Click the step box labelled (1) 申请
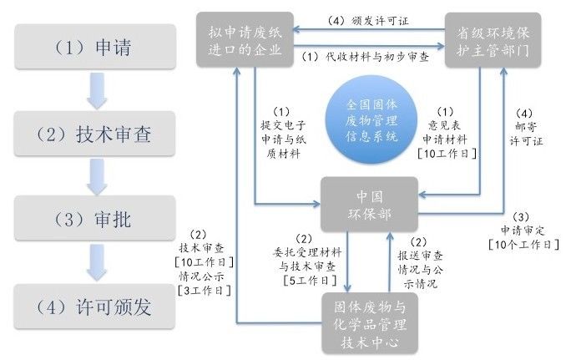coord(95,45)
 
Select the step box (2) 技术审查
coord(95,132)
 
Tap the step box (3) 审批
coord(95,219)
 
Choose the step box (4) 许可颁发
coord(95,306)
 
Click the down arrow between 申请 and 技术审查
coord(95,90)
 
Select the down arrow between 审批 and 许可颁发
coord(95,264)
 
